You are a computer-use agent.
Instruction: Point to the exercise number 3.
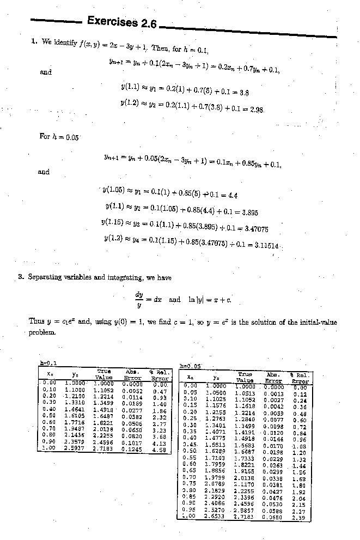pyautogui.click(x=21, y=277)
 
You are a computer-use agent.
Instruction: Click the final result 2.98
pyautogui.click(x=257, y=110)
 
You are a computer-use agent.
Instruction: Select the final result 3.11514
pyautogui.click(x=264, y=245)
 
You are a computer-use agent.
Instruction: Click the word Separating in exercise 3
pyautogui.click(x=45, y=277)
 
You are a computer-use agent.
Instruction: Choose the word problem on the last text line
pyautogui.click(x=42, y=332)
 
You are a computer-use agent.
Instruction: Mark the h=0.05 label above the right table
pyautogui.click(x=190, y=366)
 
